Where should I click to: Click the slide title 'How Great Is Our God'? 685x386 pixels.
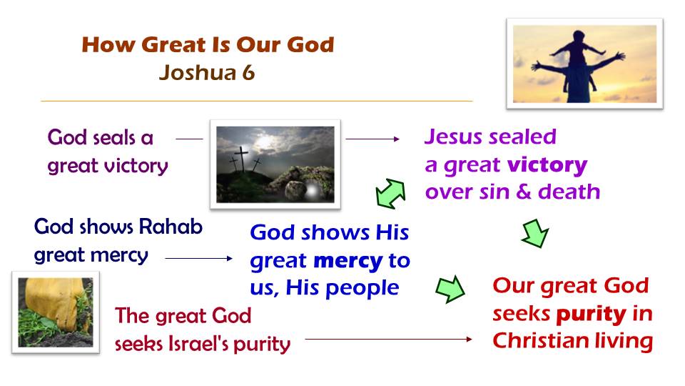coord(208,44)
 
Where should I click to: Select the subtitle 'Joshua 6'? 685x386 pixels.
coord(207,73)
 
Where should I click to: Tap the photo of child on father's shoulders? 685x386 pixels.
coord(584,64)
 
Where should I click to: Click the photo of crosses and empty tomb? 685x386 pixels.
coord(275,164)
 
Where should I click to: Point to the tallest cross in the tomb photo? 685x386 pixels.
coord(240,159)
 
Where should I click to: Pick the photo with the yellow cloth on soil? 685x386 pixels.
coord(56,312)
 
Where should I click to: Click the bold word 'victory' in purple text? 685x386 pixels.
coord(547,165)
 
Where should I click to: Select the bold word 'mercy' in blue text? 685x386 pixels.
coord(347,262)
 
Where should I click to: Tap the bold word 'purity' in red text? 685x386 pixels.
coord(591,315)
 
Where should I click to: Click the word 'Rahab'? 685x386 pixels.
coord(171,227)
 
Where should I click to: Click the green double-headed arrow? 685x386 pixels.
coord(390,194)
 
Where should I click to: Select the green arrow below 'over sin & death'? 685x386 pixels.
coord(535,234)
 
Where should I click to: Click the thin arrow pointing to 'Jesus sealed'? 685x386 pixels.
coord(372,139)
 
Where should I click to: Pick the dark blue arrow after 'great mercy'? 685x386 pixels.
coord(199,258)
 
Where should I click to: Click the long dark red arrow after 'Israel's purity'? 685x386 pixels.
coord(388,339)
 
